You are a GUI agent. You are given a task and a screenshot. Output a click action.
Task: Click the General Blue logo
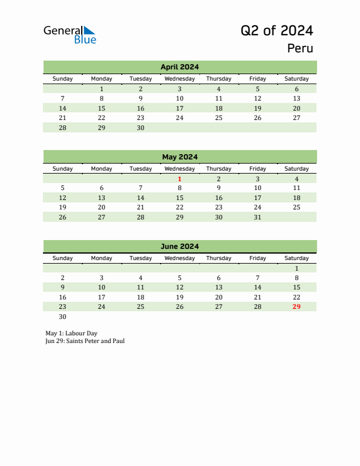69,34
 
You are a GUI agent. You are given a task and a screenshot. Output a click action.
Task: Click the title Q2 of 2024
276,31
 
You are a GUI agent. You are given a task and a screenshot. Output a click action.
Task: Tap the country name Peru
300,48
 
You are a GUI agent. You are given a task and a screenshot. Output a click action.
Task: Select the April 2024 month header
179,67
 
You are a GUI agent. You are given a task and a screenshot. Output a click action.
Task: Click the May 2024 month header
179,157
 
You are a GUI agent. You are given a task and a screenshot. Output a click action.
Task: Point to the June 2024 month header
179,247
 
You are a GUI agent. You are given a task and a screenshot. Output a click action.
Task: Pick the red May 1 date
179,179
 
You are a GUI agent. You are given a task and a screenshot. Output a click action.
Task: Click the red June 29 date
296,307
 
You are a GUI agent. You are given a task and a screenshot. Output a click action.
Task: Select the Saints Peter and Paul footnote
85,341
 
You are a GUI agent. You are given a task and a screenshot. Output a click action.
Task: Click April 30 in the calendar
141,128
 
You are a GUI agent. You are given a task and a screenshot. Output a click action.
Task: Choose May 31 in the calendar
257,217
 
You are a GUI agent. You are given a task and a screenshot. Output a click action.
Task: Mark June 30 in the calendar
63,317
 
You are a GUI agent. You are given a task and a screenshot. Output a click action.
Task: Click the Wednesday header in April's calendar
179,79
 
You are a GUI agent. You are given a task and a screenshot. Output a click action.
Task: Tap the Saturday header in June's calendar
296,258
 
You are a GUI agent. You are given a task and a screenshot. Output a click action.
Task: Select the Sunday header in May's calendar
63,169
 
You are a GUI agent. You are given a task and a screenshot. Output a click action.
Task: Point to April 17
179,108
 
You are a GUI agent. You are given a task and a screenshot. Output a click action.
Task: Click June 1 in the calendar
296,268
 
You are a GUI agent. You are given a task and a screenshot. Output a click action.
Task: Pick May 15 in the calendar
179,198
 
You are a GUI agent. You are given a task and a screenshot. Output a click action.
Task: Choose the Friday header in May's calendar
257,169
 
